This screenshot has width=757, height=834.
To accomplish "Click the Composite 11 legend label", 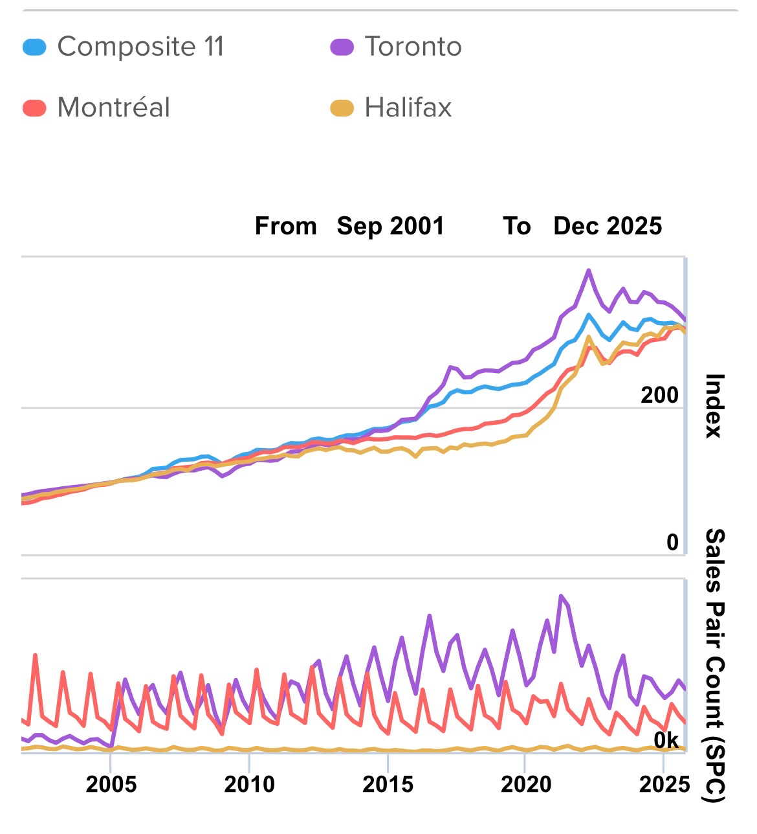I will (x=140, y=47).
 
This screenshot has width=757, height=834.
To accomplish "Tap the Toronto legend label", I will (x=413, y=47).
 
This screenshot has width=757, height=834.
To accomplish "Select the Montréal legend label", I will (x=113, y=107).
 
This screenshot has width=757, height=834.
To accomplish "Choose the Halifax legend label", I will (x=408, y=107).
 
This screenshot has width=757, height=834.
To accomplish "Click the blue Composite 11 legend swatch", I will (x=34, y=47).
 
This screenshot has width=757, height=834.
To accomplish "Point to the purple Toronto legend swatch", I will (x=342, y=47).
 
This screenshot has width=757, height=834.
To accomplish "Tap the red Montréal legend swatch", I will (x=34, y=107).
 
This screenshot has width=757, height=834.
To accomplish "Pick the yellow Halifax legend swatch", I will (x=342, y=107).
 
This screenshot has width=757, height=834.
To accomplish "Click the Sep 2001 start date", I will (x=390, y=226).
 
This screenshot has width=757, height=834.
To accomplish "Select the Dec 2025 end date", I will (x=608, y=226).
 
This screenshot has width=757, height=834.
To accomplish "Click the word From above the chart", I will (x=285, y=226).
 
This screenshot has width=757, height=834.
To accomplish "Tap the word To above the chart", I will (x=517, y=226).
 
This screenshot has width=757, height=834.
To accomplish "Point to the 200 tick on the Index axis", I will (x=659, y=395).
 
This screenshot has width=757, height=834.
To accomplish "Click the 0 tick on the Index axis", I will (x=672, y=542).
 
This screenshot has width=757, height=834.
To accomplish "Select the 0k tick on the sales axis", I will (x=666, y=739).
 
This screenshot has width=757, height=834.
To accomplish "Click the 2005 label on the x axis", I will (x=111, y=784).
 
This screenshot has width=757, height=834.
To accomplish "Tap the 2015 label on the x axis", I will (x=388, y=784).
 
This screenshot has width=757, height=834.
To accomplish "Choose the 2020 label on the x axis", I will (x=526, y=784).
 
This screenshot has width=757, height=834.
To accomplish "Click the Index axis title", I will (x=714, y=406).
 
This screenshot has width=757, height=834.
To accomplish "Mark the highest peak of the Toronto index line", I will (x=589, y=271).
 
